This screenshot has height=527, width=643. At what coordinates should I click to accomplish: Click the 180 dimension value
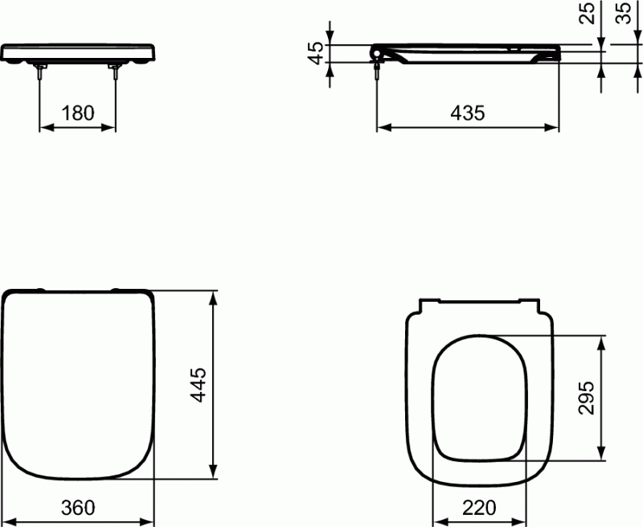[78, 113]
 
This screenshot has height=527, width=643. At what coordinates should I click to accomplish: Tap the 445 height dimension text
[199, 385]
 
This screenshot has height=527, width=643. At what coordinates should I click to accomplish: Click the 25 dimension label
[588, 14]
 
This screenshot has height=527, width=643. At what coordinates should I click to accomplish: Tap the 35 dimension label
[624, 14]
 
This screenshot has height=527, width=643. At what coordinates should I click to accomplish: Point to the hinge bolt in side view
[377, 71]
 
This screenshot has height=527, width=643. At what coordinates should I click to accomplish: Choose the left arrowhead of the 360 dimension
[8, 522]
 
